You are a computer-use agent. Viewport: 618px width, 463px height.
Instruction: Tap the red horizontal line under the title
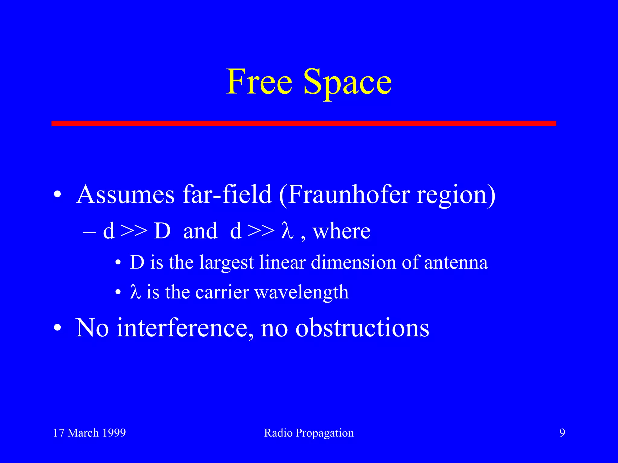(x=304, y=123)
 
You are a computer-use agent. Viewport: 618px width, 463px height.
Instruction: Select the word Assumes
(x=125, y=195)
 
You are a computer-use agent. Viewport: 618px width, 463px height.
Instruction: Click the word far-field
(x=227, y=194)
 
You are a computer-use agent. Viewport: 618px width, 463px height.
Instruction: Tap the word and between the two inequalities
(x=200, y=231)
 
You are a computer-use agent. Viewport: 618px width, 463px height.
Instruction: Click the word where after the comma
(x=341, y=231)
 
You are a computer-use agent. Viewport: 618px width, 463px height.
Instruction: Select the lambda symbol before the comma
(x=287, y=231)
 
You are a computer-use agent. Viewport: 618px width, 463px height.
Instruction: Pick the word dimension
(x=353, y=262)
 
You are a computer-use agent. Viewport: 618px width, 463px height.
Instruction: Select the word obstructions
(x=362, y=328)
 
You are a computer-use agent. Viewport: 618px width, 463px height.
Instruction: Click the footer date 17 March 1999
(x=89, y=433)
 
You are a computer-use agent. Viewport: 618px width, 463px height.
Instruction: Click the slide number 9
(x=562, y=433)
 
